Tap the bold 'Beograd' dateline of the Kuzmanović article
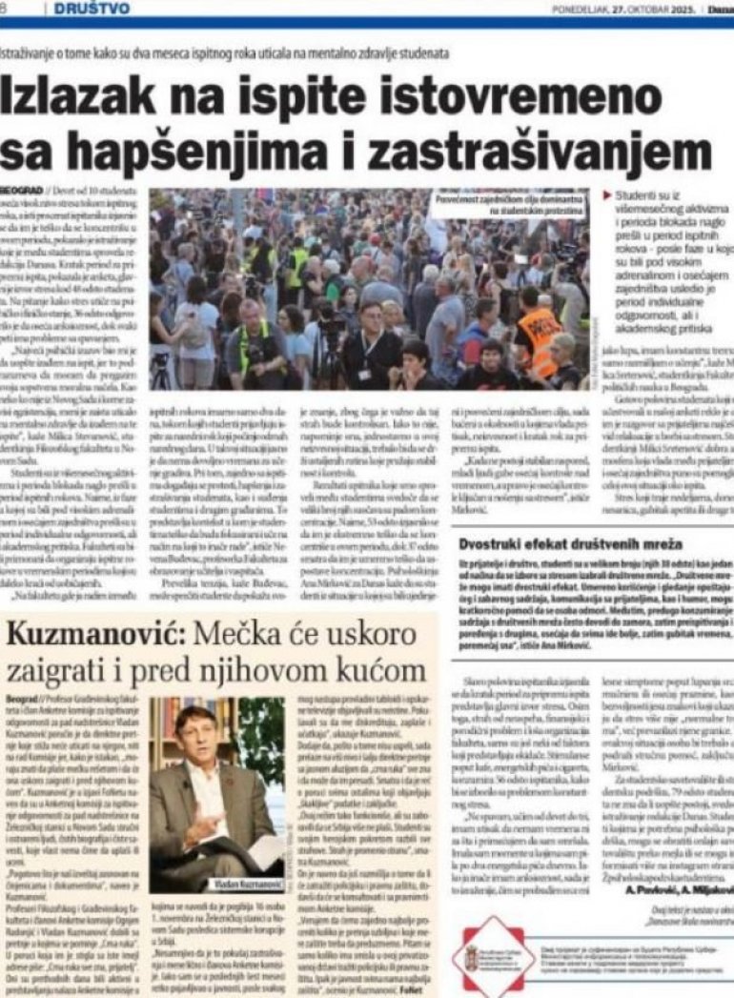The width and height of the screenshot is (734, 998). (x=22, y=700)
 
